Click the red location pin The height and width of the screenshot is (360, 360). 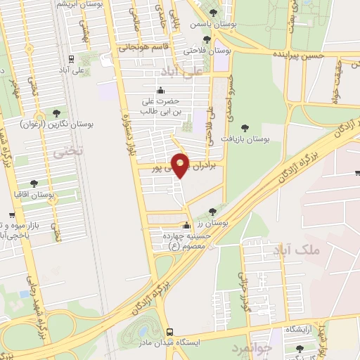pyautogui.click(x=181, y=164)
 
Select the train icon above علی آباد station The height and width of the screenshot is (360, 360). pyautogui.click(x=70, y=60)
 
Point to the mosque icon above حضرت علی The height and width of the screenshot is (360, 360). pyautogui.click(x=160, y=89)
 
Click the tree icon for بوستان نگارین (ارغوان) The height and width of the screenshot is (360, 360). pyautogui.click(x=56, y=112)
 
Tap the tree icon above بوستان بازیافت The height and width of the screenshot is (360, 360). pyautogui.click(x=244, y=127)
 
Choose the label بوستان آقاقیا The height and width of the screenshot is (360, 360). pyautogui.click(x=34, y=193)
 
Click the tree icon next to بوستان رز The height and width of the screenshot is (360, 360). pyautogui.click(x=212, y=211)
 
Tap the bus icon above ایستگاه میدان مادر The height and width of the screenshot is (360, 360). pyautogui.click(x=169, y=332)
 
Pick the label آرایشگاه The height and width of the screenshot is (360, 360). pyautogui.click(x=301, y=330)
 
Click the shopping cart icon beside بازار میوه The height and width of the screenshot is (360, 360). pyautogui.click(x=12, y=215)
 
